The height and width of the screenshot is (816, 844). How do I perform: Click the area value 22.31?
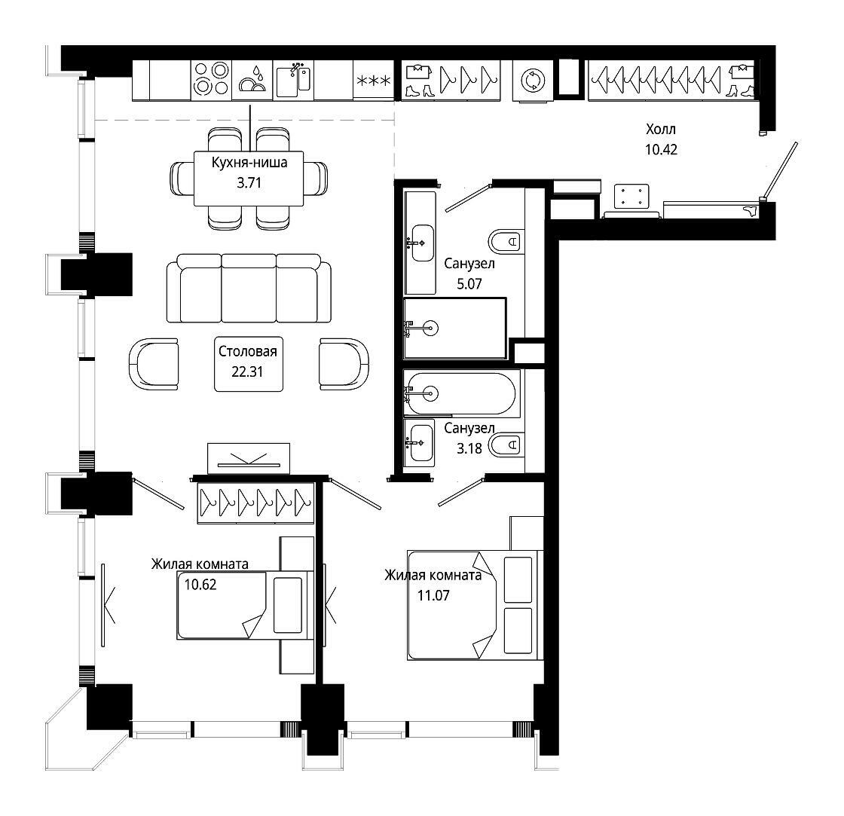point(247,371)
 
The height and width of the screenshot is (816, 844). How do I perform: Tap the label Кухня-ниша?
point(249,162)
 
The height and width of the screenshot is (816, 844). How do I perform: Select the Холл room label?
point(660,129)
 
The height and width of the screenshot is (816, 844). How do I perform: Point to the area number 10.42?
point(661,150)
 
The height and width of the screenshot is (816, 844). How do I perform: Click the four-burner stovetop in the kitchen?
point(212,79)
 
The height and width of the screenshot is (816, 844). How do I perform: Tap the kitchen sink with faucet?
point(293,80)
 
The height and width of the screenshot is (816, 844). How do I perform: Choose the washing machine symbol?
point(533,80)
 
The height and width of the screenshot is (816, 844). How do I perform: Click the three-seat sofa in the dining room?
point(249,288)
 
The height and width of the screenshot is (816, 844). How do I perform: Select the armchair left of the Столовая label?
point(154,364)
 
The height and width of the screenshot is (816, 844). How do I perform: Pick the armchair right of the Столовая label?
point(344,364)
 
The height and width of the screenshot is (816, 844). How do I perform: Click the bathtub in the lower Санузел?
point(462,393)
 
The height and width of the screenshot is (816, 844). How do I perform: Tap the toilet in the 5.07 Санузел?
point(506,242)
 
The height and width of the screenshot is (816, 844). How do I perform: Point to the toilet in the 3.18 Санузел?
point(506,445)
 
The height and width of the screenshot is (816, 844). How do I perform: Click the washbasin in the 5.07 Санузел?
point(422,243)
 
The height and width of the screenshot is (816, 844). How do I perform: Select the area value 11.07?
point(433,595)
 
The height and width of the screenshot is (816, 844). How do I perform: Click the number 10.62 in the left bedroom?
point(200,584)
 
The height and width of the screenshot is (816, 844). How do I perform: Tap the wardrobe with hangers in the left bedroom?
point(255,503)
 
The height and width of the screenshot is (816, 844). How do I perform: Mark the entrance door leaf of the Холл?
point(779,170)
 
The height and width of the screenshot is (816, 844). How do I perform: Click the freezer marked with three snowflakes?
point(374,80)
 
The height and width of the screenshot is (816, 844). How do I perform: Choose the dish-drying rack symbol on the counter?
point(252,80)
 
